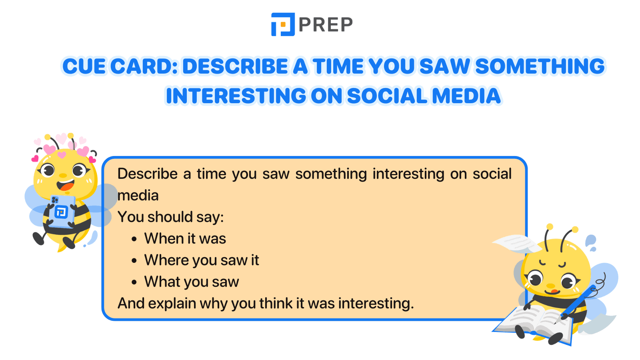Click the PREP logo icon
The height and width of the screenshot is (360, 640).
tap(283, 24)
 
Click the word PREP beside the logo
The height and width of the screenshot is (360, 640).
tap(326, 25)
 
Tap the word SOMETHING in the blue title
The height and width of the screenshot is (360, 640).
tap(540, 66)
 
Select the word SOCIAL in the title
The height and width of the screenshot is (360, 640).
tap(387, 96)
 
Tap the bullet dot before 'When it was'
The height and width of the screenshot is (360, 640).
tap(134, 239)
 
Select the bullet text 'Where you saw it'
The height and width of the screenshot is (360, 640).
tap(202, 260)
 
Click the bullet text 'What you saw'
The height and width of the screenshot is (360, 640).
tap(192, 282)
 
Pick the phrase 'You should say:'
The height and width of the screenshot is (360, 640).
tap(171, 217)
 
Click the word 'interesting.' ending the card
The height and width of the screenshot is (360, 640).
tap(376, 304)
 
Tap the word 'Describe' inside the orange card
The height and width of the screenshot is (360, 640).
tap(148, 174)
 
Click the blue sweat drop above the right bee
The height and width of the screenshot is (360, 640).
tap(590, 241)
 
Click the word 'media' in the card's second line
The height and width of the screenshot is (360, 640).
tap(138, 196)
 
